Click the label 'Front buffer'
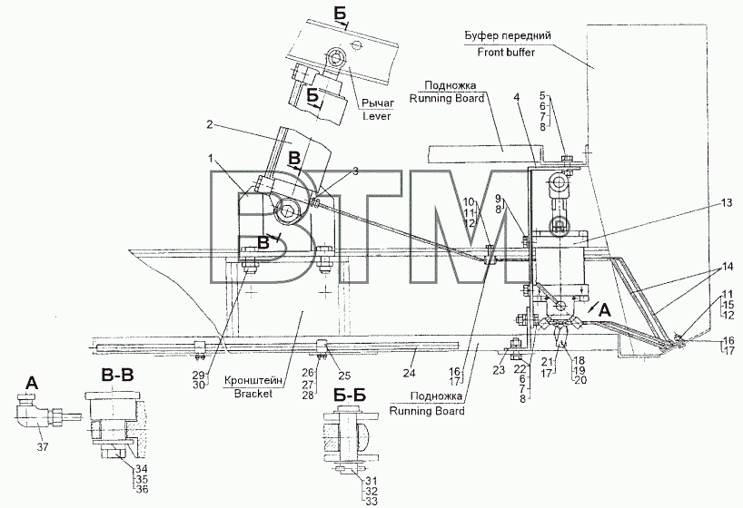click(x=506, y=52)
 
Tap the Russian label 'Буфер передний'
click(x=507, y=36)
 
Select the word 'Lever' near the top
click(x=377, y=115)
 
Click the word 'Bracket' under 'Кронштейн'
click(x=253, y=394)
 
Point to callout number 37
click(x=43, y=446)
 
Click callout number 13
click(x=727, y=203)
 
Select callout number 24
click(x=409, y=373)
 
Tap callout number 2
click(x=211, y=125)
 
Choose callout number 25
click(x=344, y=376)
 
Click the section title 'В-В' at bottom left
click(x=117, y=376)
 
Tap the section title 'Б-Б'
click(x=349, y=396)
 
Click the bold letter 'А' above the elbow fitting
click(x=31, y=384)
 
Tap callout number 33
click(x=371, y=502)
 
